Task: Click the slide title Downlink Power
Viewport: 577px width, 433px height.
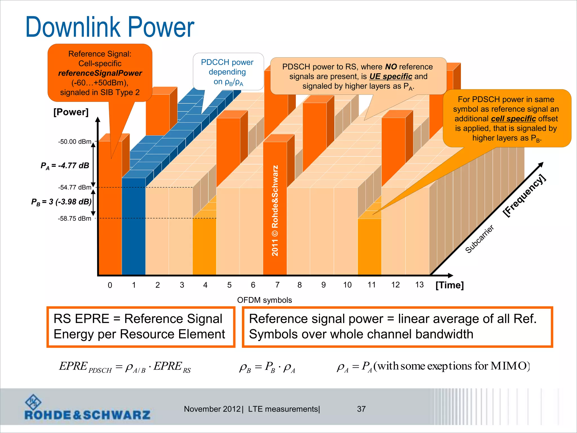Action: [x=110, y=27]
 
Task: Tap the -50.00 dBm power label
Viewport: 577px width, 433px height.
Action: [x=75, y=142]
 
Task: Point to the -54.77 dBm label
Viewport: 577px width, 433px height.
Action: [x=75, y=187]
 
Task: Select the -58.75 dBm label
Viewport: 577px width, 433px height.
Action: [x=75, y=219]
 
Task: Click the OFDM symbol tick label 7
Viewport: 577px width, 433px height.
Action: [x=277, y=285]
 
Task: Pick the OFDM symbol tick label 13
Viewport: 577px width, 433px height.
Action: [x=419, y=285]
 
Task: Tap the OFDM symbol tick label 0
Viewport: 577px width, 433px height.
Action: [x=110, y=285]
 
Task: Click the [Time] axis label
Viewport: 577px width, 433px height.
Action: [x=449, y=285]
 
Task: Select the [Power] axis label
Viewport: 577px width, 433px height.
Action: [x=71, y=112]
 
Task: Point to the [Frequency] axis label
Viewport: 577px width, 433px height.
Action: [x=524, y=196]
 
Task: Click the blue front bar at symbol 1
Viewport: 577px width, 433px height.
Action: [x=134, y=226]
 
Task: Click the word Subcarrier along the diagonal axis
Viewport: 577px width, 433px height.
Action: [x=479, y=239]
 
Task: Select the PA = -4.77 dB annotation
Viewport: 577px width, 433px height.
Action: [x=65, y=166]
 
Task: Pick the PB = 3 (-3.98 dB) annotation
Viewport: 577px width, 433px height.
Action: [x=61, y=202]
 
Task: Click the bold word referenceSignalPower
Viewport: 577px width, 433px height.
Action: [x=100, y=73]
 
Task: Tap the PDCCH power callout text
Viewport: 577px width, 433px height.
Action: [x=227, y=72]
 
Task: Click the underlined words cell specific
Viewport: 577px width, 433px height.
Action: [x=513, y=119]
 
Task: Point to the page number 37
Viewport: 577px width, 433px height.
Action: [x=361, y=409]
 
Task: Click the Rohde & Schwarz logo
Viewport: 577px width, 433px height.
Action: [x=87, y=408]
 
